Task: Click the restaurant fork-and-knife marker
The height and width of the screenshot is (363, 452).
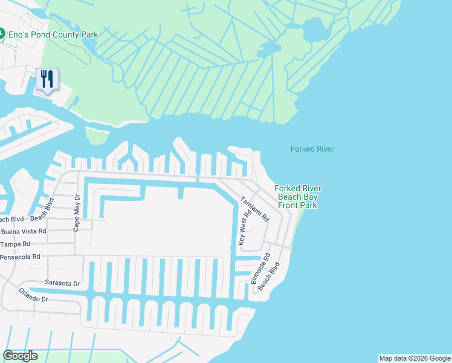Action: (x=48, y=79)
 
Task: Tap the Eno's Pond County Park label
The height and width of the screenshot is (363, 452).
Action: (x=53, y=34)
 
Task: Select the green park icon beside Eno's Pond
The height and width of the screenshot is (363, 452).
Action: (x=2, y=34)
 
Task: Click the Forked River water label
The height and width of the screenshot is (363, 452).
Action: (x=312, y=149)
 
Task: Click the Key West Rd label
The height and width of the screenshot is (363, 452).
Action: (x=246, y=228)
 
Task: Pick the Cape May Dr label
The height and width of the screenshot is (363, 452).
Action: (x=76, y=213)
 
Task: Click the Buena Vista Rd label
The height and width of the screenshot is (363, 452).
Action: (x=24, y=231)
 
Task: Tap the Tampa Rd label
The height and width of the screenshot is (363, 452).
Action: (x=15, y=244)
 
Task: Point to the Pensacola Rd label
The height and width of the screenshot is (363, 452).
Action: (x=20, y=257)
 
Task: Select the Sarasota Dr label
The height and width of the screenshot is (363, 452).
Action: (x=62, y=283)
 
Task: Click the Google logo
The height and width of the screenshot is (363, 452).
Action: (x=21, y=356)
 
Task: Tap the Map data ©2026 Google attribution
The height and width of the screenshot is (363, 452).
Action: (x=415, y=358)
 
